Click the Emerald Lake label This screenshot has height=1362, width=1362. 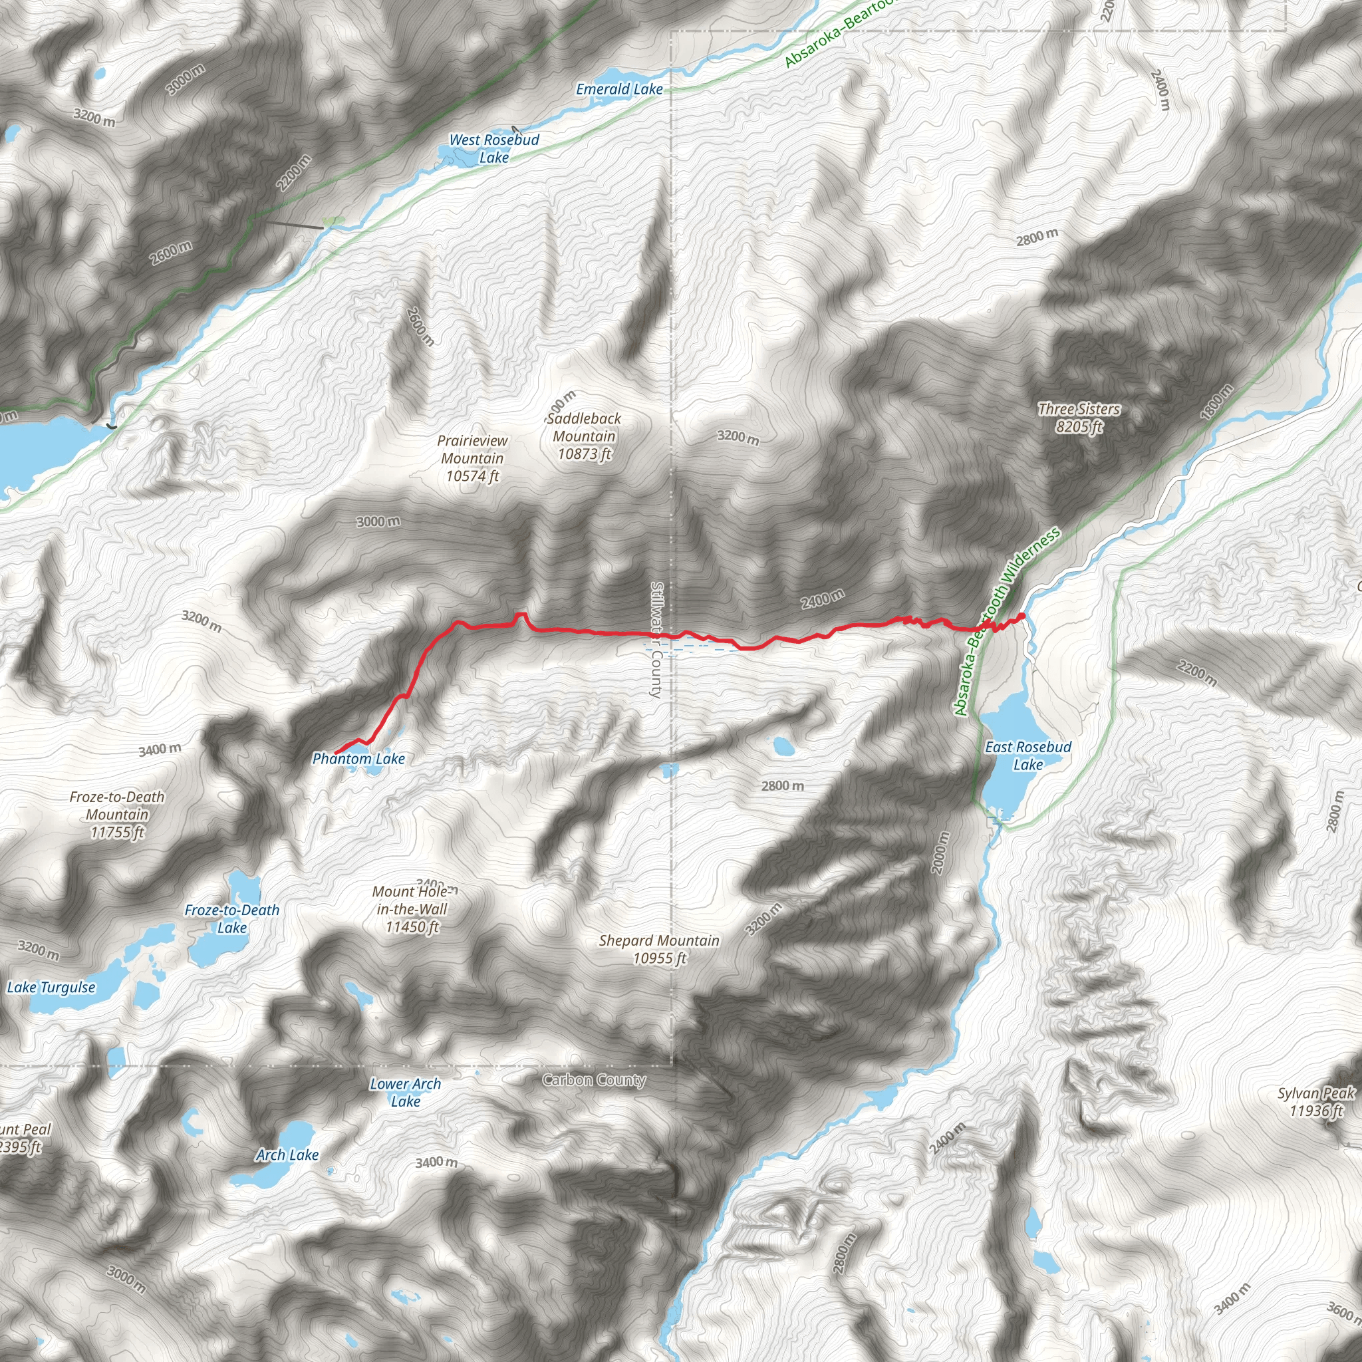tap(619, 90)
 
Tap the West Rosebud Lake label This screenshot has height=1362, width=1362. tap(494, 149)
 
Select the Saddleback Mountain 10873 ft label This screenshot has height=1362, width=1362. tap(584, 436)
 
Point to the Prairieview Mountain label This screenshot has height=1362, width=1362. tap(472, 458)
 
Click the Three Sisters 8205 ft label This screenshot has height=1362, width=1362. tap(1079, 418)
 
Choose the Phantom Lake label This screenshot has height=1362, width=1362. tap(358, 759)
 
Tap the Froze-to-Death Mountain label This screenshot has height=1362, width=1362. tap(117, 815)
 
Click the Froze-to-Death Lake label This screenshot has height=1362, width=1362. tap(232, 919)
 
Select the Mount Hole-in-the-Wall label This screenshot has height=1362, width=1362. tap(412, 909)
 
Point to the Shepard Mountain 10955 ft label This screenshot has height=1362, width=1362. tap(659, 950)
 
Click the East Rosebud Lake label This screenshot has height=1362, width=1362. tap(1028, 755)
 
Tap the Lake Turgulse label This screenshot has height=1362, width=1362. tap(51, 988)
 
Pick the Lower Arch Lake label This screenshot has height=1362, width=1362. tap(406, 1093)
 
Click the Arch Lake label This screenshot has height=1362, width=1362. tap(287, 1155)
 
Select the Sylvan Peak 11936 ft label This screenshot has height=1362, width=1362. tap(1315, 1102)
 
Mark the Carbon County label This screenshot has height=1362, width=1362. tap(594, 1080)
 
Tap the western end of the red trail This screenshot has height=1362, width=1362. tap(336, 753)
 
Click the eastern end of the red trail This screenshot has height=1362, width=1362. tap(1022, 617)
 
